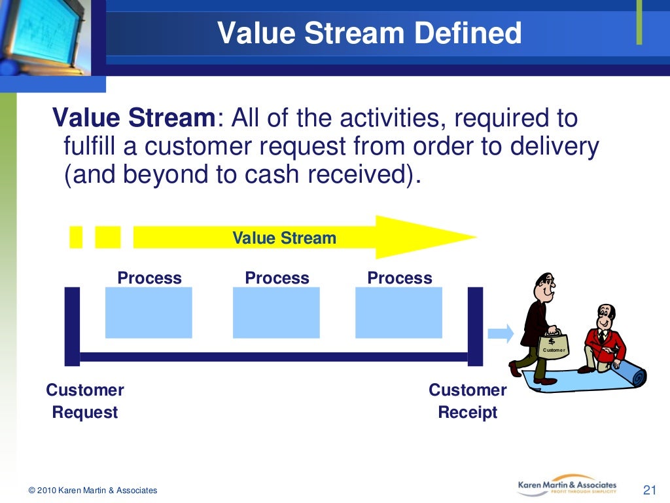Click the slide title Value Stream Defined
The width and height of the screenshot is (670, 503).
coord(369,33)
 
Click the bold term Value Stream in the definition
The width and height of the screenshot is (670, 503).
coord(133,119)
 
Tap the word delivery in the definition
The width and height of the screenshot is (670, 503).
coord(550,147)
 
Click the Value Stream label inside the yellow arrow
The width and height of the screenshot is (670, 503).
coord(284,238)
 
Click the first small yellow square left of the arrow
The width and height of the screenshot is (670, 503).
coord(76,237)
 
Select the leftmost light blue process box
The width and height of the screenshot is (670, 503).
coord(149,312)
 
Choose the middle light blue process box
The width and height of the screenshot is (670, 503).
coord(276,312)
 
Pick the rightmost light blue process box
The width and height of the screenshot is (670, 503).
coord(398,312)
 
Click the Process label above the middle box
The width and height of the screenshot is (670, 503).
coord(277,278)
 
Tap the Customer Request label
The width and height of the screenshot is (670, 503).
coord(85,401)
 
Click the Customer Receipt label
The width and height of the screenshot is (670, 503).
coord(467,401)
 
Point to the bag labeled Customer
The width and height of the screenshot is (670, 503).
coord(553,345)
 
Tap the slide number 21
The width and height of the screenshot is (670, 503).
coord(649,490)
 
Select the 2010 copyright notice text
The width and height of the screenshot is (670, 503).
coord(93,491)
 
